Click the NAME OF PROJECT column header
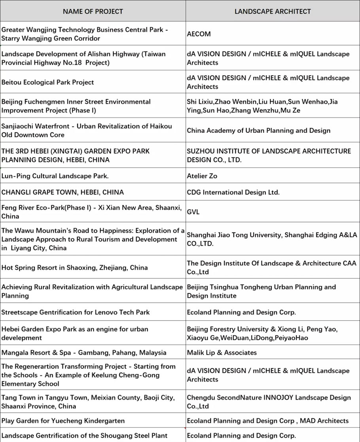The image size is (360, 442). click(x=93, y=11)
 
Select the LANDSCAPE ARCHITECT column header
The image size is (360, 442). click(x=273, y=11)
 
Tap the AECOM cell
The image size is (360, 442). click(x=199, y=34)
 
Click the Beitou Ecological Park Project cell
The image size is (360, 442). click(x=48, y=82)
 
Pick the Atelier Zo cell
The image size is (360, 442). click(x=202, y=176)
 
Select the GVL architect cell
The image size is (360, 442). click(x=193, y=212)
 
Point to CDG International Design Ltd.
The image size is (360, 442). click(x=233, y=193)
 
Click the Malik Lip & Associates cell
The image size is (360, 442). click(x=222, y=353)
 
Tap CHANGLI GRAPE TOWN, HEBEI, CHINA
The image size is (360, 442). click(x=63, y=193)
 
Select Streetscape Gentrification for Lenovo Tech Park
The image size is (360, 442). click(x=76, y=312)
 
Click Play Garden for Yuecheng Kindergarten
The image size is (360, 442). click(x=63, y=421)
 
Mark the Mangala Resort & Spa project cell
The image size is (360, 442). click(x=84, y=353)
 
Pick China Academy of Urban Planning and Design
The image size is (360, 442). click(x=259, y=130)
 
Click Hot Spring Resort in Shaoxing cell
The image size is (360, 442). click(x=74, y=268)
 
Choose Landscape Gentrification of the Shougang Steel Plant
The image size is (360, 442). click(x=84, y=436)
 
